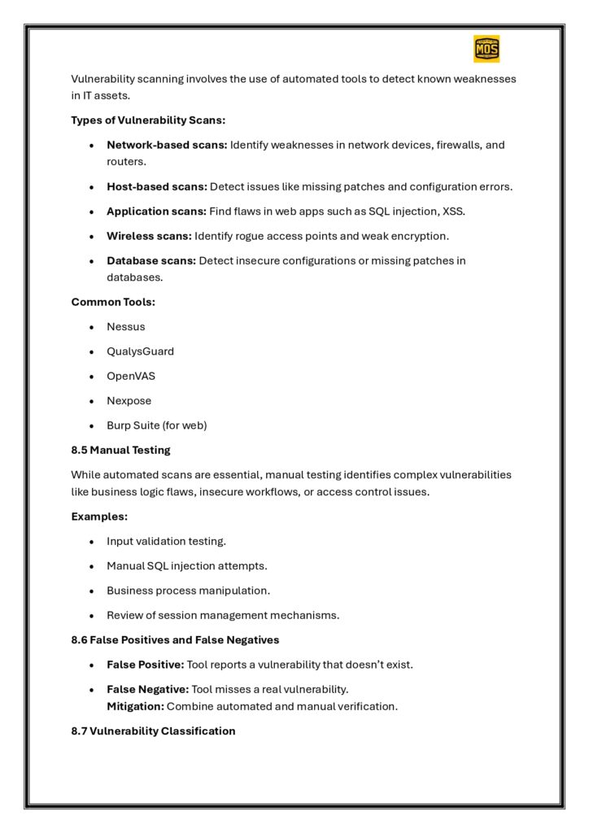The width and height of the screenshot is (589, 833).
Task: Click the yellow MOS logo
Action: pos(486,49)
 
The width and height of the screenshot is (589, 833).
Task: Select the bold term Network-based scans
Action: pos(167,145)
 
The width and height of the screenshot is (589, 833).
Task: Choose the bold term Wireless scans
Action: pos(149,236)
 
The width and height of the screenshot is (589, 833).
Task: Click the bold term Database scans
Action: pos(151,261)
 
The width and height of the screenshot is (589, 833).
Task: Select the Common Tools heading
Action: pos(111,302)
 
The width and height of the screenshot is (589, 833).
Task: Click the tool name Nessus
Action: pos(126,327)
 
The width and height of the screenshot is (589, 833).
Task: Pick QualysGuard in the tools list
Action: pos(140,351)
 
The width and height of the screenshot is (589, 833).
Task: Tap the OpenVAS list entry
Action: pos(131,377)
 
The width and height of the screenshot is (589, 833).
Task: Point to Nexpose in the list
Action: pos(129,401)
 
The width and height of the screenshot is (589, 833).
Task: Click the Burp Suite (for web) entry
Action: pos(157,425)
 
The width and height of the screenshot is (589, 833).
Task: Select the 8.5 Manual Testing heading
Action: pos(120,450)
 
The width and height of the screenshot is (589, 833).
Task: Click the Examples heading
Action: pos(99,517)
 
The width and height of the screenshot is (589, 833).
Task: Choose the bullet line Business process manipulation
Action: pos(188,591)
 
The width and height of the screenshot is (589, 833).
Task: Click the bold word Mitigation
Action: pos(135,706)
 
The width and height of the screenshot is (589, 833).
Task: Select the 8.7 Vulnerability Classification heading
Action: pos(153,731)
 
